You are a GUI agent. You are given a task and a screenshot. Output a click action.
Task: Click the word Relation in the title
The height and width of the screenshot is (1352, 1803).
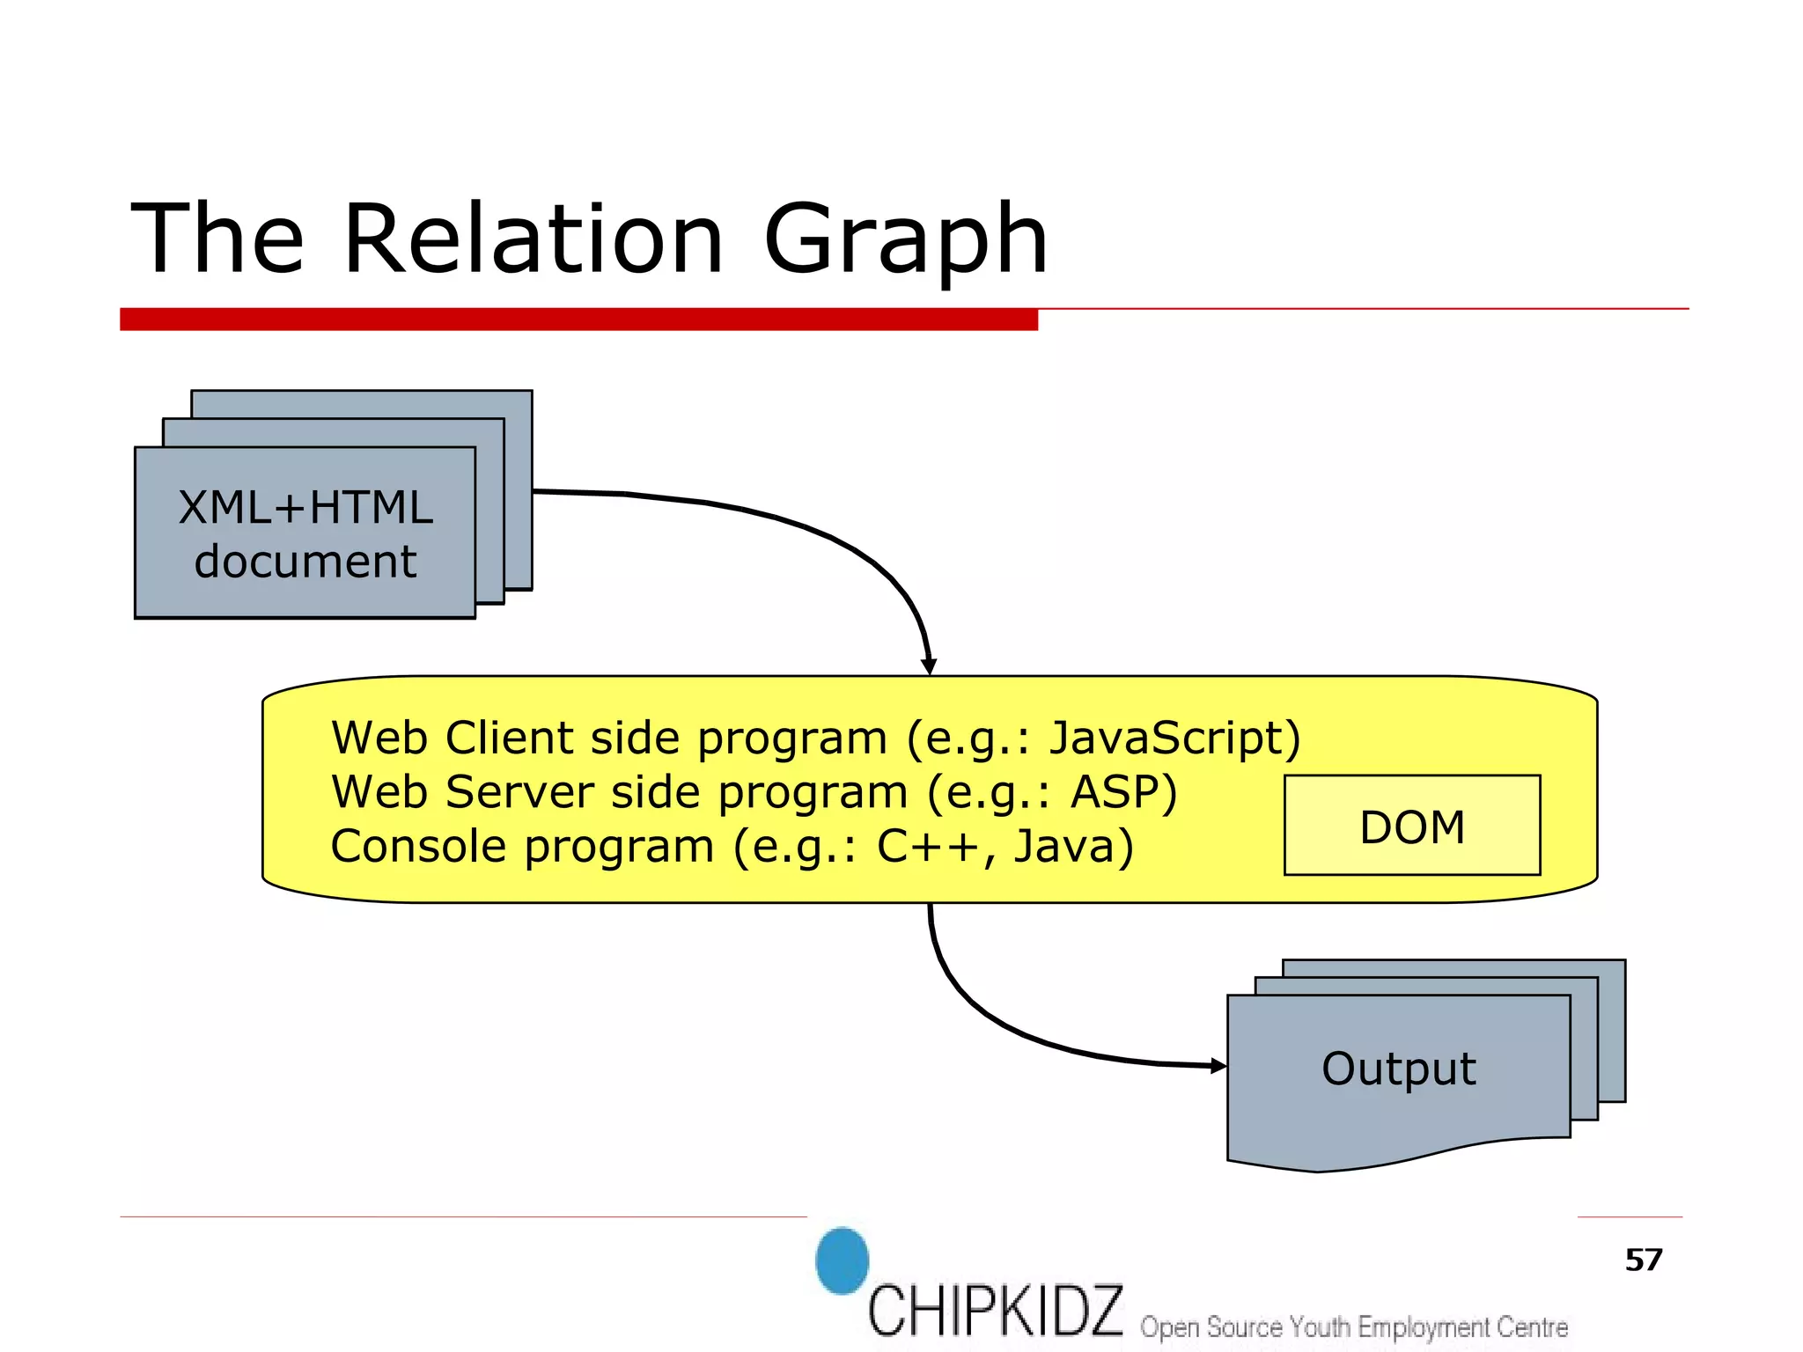pyautogui.click(x=533, y=239)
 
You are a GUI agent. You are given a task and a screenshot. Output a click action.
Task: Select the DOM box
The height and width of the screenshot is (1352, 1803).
pyautogui.click(x=1411, y=826)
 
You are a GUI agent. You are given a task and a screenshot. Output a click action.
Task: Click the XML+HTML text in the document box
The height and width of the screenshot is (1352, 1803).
pyautogui.click(x=305, y=508)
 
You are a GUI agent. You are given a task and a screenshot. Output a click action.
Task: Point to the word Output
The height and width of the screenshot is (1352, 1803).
pyautogui.click(x=1398, y=1069)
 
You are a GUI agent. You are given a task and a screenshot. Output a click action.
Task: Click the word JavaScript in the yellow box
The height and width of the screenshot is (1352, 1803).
pyautogui.click(x=1166, y=738)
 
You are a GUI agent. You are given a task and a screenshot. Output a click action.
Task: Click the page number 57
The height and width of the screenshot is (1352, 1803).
pyautogui.click(x=1643, y=1260)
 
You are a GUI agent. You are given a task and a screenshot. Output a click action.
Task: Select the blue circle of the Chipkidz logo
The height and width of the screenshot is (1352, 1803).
pyautogui.click(x=842, y=1260)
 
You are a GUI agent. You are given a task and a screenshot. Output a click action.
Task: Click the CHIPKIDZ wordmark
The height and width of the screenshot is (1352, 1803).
pyautogui.click(x=995, y=1312)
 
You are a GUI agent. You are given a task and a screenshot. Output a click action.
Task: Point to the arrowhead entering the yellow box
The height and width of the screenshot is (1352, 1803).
pyautogui.click(x=929, y=666)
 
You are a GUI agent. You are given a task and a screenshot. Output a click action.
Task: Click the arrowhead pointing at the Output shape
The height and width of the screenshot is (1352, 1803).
pyautogui.click(x=1218, y=1066)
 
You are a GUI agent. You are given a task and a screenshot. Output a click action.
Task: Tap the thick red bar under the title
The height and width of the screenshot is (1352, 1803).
pyautogui.click(x=578, y=320)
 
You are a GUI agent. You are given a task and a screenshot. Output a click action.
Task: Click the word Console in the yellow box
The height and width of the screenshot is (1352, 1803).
pyautogui.click(x=418, y=846)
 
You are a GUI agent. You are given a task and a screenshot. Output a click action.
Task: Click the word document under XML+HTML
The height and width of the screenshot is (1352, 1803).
pyautogui.click(x=305, y=562)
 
